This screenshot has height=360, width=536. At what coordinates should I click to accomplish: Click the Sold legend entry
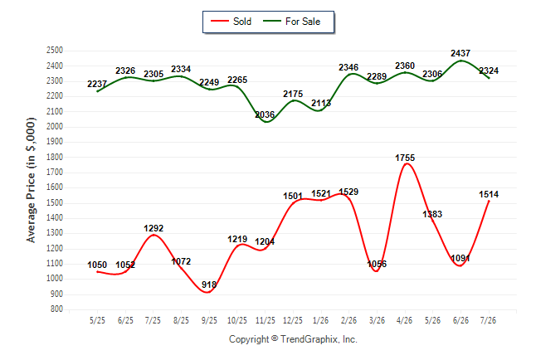(231, 22)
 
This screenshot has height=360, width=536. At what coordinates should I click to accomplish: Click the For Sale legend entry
(291, 22)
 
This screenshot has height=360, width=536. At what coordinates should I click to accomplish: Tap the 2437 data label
(460, 53)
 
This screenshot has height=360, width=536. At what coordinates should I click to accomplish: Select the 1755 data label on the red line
(405, 158)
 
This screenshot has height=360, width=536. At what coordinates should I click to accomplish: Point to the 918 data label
(209, 285)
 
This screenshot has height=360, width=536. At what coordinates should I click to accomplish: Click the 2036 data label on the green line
(265, 114)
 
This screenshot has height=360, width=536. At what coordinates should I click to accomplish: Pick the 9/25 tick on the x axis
(209, 320)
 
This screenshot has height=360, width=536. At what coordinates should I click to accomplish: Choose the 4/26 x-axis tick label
(404, 320)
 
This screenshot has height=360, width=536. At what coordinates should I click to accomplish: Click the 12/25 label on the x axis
(293, 320)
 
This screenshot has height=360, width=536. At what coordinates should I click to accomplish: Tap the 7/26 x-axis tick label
(488, 320)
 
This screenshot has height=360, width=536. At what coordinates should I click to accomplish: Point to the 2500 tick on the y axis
(55, 51)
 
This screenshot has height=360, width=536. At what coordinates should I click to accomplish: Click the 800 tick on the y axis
(56, 309)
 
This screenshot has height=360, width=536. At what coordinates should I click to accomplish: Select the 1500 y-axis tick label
(55, 202)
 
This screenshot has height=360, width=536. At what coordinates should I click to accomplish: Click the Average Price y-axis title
(31, 180)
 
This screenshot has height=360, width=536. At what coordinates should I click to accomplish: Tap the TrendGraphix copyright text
(293, 339)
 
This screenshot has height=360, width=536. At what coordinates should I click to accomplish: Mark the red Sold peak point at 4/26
(406, 163)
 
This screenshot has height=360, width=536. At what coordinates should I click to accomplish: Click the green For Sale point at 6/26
(460, 61)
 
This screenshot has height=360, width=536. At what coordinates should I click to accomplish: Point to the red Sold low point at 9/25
(208, 292)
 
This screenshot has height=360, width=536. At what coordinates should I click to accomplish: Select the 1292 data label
(153, 228)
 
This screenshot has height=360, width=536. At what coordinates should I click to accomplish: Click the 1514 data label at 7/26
(489, 195)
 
